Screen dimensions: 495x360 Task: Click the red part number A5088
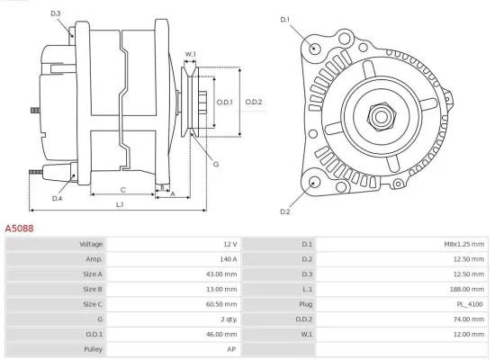click(19, 229)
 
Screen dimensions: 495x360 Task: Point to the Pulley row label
click(93, 349)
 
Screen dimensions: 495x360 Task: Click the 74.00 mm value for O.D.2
click(469, 319)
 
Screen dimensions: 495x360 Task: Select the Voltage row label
click(91, 244)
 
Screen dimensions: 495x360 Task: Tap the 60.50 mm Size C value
click(221, 304)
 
